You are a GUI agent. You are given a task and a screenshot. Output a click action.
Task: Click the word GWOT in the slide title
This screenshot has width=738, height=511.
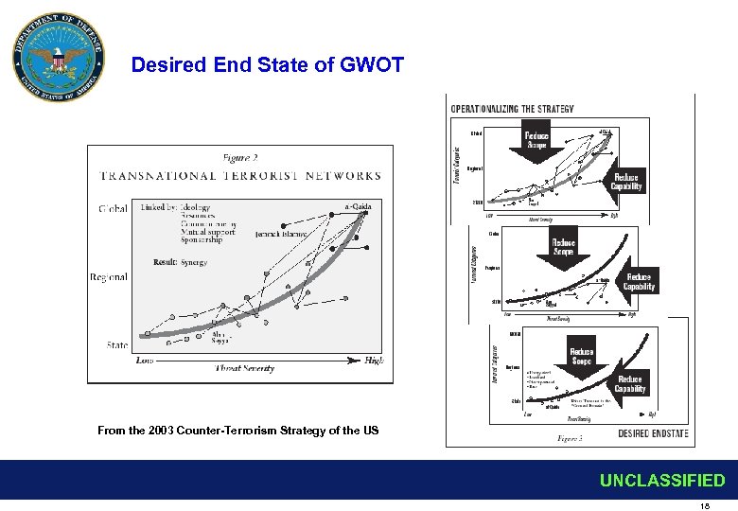(372, 65)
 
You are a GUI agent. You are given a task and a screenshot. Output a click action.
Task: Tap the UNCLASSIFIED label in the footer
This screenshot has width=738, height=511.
(661, 481)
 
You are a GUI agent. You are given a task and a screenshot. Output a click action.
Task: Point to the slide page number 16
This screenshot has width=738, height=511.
(704, 506)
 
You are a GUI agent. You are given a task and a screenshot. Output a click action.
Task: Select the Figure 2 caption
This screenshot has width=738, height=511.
(240, 158)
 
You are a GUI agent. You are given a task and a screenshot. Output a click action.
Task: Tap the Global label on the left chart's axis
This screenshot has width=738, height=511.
(113, 208)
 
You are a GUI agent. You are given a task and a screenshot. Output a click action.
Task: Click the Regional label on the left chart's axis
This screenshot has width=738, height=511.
(109, 277)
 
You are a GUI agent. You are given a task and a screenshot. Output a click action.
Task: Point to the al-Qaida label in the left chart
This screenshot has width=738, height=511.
(358, 208)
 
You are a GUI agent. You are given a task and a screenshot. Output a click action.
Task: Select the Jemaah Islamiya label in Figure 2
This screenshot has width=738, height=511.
(281, 233)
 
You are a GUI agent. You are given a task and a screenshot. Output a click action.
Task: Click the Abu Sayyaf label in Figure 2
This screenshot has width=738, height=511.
(220, 337)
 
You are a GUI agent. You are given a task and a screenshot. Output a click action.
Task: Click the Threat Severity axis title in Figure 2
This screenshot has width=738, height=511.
(245, 367)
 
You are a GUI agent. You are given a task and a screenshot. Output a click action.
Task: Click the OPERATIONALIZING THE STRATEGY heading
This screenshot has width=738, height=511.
(512, 109)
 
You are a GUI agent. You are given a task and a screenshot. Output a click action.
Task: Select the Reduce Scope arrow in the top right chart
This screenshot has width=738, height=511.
(536, 142)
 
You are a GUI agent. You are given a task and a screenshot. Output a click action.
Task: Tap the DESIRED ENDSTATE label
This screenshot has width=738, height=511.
(653, 433)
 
